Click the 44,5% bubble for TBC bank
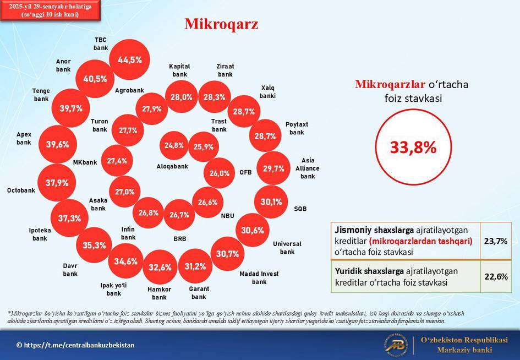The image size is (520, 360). coord(129,59)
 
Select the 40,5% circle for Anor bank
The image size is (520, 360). coord(95,79)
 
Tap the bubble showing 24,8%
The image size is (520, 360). coord(174,145)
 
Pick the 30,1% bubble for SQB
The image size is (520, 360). coord(271,201)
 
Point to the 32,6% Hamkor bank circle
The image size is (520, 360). coord(160,267)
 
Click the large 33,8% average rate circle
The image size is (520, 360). coord(413,147)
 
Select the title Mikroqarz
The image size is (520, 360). coord(221,24)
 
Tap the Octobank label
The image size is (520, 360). coord(21,190)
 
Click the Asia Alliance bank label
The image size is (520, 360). coord(308,168)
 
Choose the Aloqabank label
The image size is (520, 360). coord(172,166)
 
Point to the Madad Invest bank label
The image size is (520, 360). coord(259,278)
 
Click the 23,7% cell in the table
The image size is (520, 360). coord(496,241)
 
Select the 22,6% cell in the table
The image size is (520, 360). coord(496,276)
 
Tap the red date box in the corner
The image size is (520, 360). coord(50,10)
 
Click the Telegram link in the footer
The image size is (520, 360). coord(75,345)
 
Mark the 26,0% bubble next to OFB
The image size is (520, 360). coord(219,173)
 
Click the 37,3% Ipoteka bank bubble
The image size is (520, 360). coord(70,218)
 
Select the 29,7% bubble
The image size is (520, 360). coord(273,168)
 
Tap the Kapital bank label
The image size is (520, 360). coord(179,70)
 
